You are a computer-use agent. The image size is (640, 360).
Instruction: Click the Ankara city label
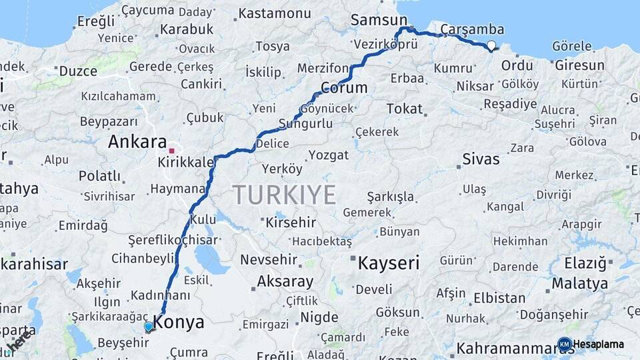click(137, 142)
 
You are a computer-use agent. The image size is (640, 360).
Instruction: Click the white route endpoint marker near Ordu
click(491, 46)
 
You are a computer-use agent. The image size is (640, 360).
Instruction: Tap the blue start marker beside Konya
click(149, 327)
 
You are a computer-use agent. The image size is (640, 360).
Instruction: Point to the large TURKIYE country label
click(284, 195)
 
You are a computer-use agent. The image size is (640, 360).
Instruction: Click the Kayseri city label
click(389, 263)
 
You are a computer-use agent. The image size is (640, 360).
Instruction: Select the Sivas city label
click(481, 159)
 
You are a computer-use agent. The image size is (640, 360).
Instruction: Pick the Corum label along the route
click(344, 88)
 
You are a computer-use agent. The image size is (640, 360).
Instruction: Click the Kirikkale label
click(186, 163)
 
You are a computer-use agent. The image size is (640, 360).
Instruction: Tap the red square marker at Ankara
click(171, 151)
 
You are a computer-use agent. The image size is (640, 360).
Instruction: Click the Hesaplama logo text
click(599, 345)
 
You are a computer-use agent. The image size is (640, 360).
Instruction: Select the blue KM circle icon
click(565, 345)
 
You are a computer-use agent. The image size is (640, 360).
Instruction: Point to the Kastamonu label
click(274, 13)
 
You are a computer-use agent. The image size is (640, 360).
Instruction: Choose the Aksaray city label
click(285, 281)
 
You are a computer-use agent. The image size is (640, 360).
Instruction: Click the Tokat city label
click(404, 108)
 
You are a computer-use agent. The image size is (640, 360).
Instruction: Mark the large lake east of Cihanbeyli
click(210, 257)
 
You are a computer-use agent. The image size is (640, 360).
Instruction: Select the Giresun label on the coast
click(579, 65)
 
